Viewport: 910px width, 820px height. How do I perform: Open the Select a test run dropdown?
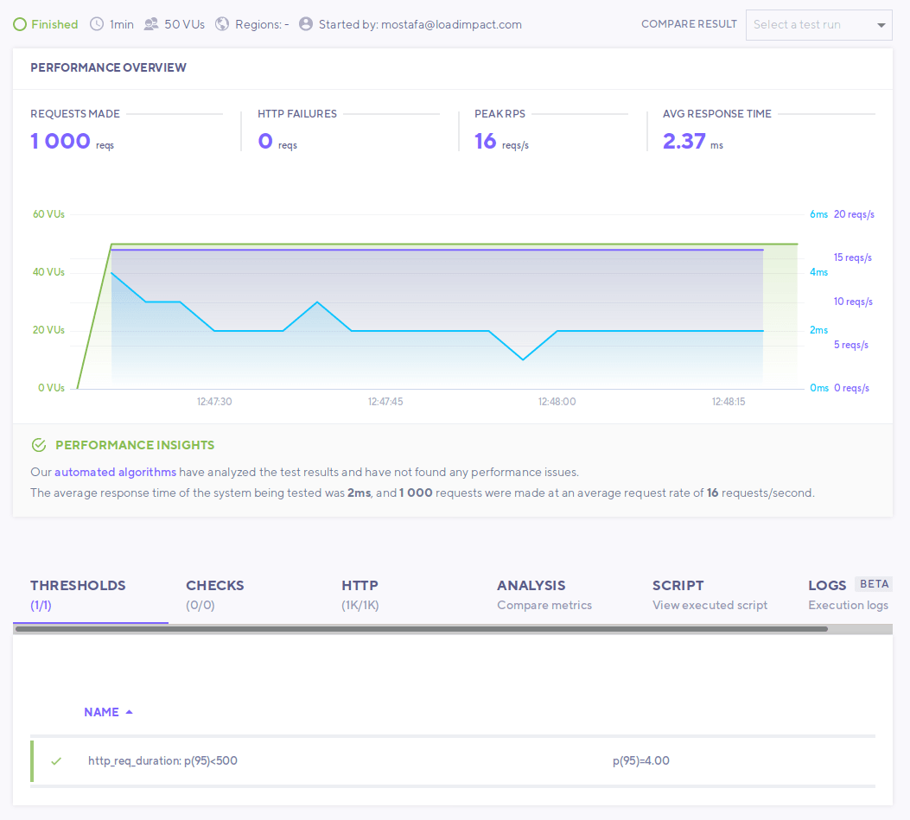pos(818,24)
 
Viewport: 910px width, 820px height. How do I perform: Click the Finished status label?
pos(54,24)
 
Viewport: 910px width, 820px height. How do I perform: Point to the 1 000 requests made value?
pos(60,141)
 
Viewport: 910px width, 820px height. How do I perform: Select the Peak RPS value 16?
pos(486,141)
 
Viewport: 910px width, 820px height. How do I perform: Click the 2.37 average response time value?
pos(684,141)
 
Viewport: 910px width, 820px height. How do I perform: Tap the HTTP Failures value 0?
pos(265,141)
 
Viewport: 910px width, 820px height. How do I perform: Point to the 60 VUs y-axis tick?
pos(49,214)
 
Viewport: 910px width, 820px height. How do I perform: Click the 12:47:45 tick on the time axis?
pos(385,402)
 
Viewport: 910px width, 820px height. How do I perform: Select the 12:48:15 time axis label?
pos(729,402)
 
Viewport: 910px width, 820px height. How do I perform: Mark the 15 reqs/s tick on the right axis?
pos(852,257)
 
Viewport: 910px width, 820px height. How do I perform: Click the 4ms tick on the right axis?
pos(818,272)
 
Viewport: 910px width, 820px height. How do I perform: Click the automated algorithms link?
pos(115,472)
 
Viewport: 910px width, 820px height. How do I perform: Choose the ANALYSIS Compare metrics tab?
pos(544,594)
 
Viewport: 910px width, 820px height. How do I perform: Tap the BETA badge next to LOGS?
pos(872,584)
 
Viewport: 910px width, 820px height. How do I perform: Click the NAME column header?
pos(102,712)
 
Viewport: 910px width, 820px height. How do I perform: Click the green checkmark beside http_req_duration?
pos(56,761)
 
